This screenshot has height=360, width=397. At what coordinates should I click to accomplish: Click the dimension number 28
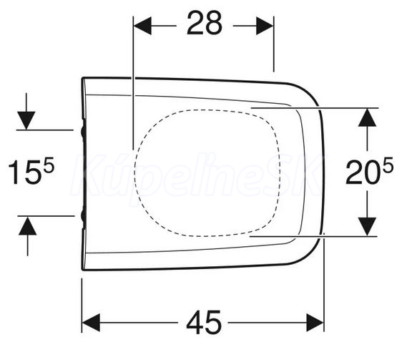click(205, 24)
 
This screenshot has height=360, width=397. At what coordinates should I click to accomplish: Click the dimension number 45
click(204, 322)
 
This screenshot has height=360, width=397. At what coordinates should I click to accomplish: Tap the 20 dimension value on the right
click(363, 171)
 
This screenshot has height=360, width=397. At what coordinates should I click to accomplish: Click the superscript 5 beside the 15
click(49, 165)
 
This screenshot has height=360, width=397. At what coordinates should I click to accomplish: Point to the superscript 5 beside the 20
click(388, 164)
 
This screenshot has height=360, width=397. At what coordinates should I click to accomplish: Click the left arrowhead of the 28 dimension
click(142, 26)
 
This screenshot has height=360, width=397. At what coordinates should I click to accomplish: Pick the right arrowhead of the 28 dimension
click(265, 26)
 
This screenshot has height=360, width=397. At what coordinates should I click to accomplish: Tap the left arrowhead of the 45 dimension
click(91, 323)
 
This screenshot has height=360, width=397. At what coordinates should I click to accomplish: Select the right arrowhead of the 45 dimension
click(315, 323)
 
